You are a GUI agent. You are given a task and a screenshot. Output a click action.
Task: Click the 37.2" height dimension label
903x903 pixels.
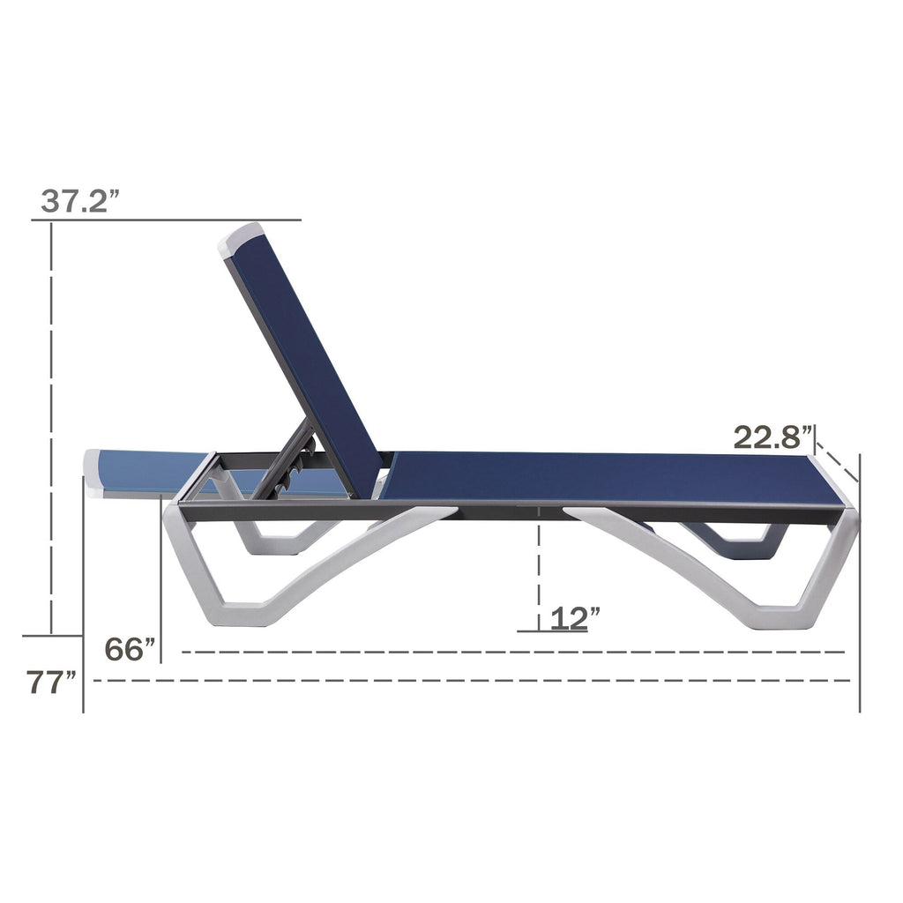click(x=79, y=201)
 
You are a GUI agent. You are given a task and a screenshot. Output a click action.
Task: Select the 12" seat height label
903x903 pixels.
click(x=574, y=617)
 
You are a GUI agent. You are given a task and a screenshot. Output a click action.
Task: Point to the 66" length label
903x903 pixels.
click(x=129, y=649)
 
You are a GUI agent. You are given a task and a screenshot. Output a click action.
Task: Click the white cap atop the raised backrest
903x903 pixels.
click(x=242, y=238)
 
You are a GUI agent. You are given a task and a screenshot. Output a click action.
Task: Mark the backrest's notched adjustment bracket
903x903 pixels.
click(x=295, y=459)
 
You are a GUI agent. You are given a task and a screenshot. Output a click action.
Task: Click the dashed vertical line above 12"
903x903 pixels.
click(x=538, y=564)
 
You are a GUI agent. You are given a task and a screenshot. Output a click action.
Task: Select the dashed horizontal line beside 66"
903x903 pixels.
click(x=511, y=653)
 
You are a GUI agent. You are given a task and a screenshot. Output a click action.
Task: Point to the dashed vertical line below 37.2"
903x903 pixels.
click(x=52, y=423)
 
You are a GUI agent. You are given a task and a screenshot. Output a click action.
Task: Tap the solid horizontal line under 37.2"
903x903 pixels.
click(x=168, y=220)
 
